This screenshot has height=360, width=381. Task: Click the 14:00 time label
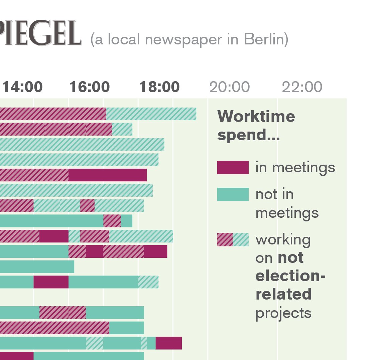[x=23, y=87]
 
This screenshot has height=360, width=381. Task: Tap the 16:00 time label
[x=90, y=87]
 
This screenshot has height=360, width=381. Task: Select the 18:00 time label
[x=159, y=87]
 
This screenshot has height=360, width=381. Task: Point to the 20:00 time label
[x=230, y=87]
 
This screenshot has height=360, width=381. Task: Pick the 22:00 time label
[x=302, y=87]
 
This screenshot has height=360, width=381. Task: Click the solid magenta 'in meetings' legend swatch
[x=233, y=168]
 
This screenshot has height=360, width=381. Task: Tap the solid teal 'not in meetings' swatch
[x=233, y=194]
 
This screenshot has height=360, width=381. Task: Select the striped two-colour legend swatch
[x=233, y=239]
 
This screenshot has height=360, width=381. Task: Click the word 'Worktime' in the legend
[x=256, y=117]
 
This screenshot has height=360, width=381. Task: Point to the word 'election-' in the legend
[x=290, y=276]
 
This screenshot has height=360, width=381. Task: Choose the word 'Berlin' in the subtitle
[x=266, y=39]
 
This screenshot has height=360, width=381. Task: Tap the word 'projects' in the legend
[x=283, y=314]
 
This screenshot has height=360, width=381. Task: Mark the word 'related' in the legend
[x=283, y=294]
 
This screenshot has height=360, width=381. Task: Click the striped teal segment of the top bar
[x=151, y=114]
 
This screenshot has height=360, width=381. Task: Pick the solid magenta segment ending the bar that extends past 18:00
[x=168, y=343]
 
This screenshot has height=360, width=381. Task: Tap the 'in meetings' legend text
[x=295, y=168]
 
